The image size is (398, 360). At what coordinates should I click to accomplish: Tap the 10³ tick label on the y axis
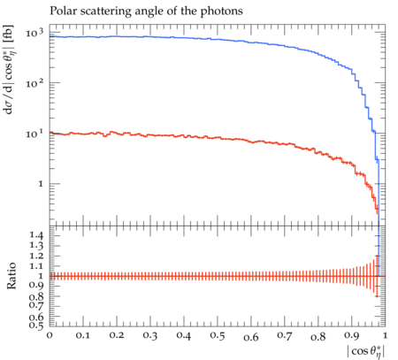[x=34, y=33]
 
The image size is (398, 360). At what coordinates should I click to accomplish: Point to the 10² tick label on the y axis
[x=34, y=83]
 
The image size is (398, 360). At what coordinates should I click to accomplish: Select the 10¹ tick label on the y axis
[x=34, y=134]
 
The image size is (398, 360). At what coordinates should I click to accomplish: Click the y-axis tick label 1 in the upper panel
[x=41, y=184]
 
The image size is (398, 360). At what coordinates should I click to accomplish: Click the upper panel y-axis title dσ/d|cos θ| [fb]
[x=10, y=70]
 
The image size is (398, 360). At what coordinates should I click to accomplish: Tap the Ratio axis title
[x=11, y=276]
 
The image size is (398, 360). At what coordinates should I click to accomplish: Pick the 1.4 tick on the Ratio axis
[x=36, y=235]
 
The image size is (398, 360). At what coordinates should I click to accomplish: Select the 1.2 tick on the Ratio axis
[x=36, y=256]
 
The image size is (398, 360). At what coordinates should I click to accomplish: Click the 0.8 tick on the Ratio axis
[x=36, y=296]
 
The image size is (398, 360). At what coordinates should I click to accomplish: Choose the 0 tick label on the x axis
[x=50, y=335]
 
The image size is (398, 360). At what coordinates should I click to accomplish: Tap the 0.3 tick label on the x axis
[x=150, y=335]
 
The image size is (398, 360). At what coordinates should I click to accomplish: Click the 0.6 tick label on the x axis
[x=251, y=337]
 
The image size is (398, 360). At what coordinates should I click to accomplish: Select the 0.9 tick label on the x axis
[x=352, y=335]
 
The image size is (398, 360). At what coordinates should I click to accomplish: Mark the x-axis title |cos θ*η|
[x=366, y=351]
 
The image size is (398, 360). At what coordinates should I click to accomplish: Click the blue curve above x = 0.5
[x=218, y=40]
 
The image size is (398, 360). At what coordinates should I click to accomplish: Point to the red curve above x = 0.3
[x=150, y=135]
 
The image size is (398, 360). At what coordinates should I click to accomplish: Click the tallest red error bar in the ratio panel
[x=377, y=276]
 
